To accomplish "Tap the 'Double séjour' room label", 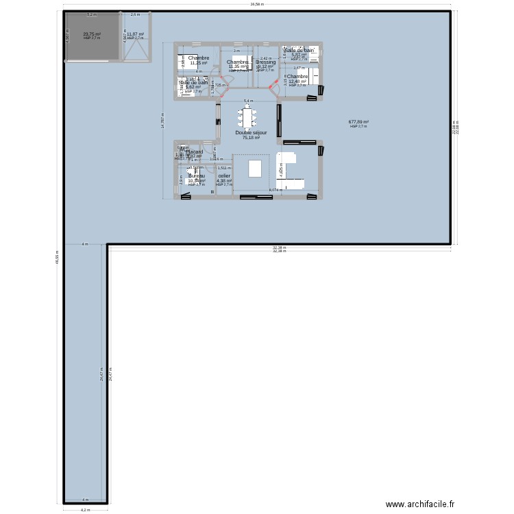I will (251, 132).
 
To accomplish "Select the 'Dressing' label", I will (265, 62).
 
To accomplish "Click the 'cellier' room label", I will (224, 175).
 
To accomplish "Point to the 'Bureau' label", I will (197, 175).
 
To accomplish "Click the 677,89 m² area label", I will (358, 122).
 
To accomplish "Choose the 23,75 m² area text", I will (91, 34).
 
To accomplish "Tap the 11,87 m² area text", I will (135, 34).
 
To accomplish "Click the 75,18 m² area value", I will (251, 137).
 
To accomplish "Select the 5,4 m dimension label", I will (247, 101).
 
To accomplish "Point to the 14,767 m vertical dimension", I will (162, 121).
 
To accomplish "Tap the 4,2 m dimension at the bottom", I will (85, 510).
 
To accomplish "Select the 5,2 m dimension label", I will (91, 14).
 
